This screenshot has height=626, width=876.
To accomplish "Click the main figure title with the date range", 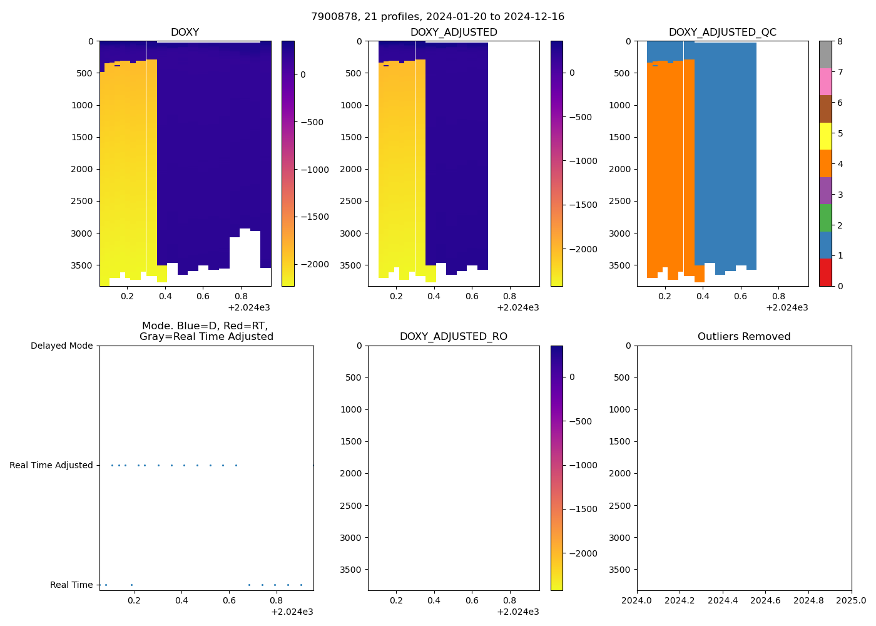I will tap(437, 17).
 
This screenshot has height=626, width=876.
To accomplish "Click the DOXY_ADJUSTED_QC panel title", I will tap(722, 33).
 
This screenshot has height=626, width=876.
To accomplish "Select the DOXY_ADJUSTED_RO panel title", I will tap(453, 337).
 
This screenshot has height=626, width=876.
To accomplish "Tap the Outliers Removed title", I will tap(744, 337).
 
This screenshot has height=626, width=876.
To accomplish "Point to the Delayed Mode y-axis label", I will tap(61, 346).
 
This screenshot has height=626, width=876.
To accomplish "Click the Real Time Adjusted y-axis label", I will tap(51, 465).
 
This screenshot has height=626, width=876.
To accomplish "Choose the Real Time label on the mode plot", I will tap(71, 585).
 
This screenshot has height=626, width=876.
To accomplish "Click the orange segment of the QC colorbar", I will tap(825, 163).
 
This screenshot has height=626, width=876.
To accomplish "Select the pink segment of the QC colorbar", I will tap(825, 81).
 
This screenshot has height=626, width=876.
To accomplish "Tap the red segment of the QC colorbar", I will tap(825, 272).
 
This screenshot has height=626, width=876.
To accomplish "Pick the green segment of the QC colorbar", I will tap(825, 218).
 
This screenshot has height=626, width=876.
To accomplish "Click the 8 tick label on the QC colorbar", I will tap(840, 41).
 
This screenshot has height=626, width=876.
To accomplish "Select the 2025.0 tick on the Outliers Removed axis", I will tap(852, 601).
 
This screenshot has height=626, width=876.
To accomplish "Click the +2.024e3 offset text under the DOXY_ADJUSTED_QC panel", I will tap(787, 307).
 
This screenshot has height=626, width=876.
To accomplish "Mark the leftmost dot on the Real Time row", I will tap(106, 585).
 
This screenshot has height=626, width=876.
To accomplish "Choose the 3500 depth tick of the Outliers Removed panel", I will tap(619, 570).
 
